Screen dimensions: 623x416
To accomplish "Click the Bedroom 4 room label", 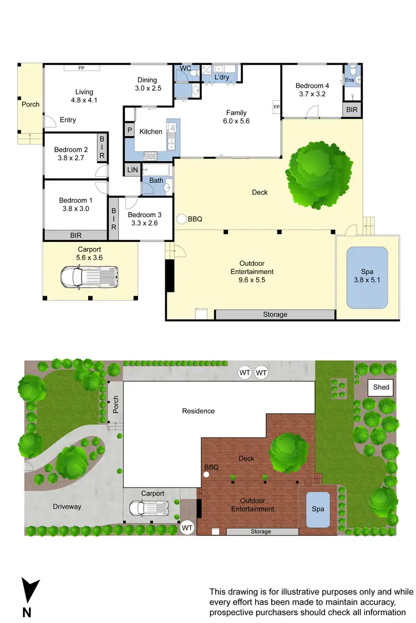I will click(x=312, y=86).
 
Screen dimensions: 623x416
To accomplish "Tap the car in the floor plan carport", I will click(x=89, y=276).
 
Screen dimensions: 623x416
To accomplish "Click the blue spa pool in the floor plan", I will click(x=367, y=277).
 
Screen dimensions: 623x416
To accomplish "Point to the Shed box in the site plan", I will click(x=381, y=388).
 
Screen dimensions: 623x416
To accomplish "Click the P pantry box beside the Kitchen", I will click(x=130, y=131).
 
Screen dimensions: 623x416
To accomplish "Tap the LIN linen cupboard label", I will click(x=132, y=170).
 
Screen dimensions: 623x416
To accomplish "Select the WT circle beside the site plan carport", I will click(x=187, y=528).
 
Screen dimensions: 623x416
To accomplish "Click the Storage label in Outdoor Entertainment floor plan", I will click(x=275, y=315).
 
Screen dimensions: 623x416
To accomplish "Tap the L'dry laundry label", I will click(x=221, y=77).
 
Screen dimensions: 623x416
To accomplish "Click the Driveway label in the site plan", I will click(x=67, y=506).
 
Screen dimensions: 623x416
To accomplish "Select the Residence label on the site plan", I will click(x=198, y=411).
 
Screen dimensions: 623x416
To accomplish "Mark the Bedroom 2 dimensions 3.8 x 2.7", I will click(x=71, y=158).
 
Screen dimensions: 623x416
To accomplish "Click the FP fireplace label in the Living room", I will click(x=81, y=68).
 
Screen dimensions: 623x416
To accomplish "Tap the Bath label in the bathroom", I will click(x=156, y=181).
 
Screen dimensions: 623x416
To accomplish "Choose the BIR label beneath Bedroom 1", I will click(x=76, y=235).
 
